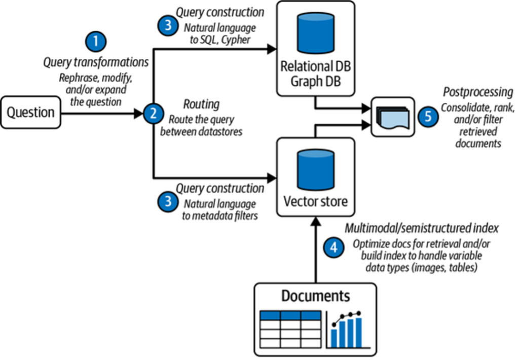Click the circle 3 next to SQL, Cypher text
[167, 26]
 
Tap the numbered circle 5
[428, 116]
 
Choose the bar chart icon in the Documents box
[347, 328]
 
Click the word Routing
[201, 104]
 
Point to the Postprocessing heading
[478, 92]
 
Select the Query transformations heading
[96, 62]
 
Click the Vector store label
[315, 201]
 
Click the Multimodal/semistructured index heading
[422, 228]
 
